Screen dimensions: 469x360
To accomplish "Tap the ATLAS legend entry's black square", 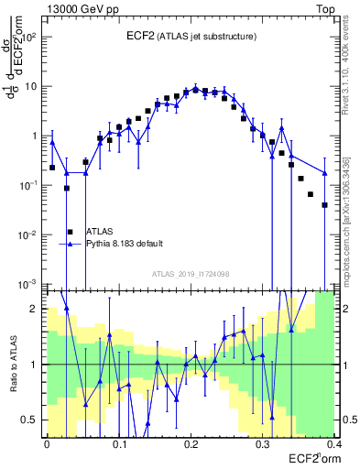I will click(x=70, y=232).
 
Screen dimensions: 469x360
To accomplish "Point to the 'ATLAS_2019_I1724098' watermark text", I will click(x=191, y=273).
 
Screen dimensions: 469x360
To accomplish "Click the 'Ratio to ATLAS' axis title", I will click(x=14, y=364).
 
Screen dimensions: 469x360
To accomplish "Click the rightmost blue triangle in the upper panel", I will click(x=325, y=172).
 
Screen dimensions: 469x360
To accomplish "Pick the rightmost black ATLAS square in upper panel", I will click(x=325, y=205).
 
